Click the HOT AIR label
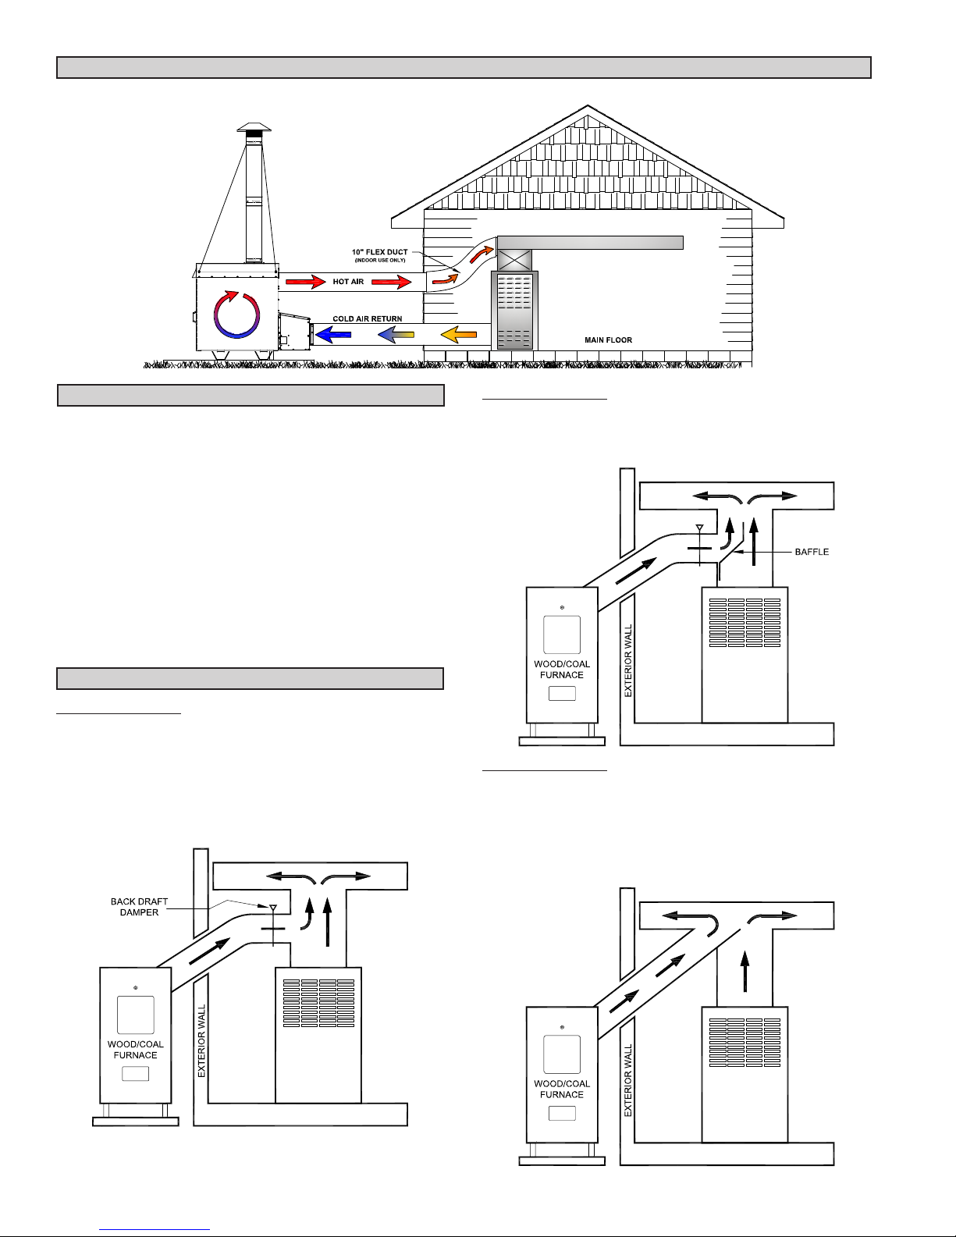click(348, 281)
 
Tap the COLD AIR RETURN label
click(367, 318)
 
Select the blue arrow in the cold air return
click(333, 334)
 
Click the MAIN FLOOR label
click(608, 339)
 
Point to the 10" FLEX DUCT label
click(379, 251)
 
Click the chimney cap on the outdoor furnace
click(254, 127)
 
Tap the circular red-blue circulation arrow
click(237, 315)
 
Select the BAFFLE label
click(812, 552)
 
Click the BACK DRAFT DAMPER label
click(139, 907)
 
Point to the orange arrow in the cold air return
click(459, 334)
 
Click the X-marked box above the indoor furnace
click(514, 260)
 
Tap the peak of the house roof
click(587, 105)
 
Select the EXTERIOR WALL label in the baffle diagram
click(628, 661)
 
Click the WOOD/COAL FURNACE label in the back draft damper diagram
click(136, 1049)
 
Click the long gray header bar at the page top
click(464, 67)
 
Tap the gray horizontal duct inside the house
click(590, 243)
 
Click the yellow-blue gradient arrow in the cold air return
click(396, 334)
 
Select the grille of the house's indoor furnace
click(514, 311)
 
